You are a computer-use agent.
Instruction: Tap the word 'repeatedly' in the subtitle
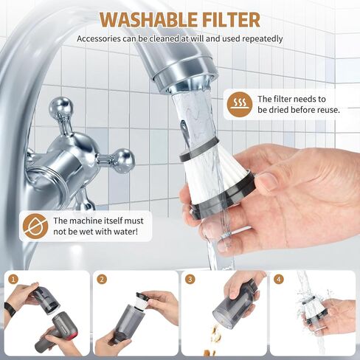pyautogui.click(x=263, y=39)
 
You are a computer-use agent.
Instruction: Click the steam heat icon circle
pyautogui.click(x=240, y=104)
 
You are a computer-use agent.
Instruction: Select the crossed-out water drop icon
pyautogui.click(x=35, y=226)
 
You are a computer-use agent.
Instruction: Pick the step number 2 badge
pyautogui.click(x=102, y=280)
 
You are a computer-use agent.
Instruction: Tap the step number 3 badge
pyautogui.click(x=190, y=280)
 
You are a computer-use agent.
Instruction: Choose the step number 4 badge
pyautogui.click(x=278, y=280)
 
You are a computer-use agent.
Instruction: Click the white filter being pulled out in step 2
pyautogui.click(x=142, y=300)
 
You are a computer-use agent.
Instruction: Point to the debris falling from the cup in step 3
pyautogui.click(x=215, y=337)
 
